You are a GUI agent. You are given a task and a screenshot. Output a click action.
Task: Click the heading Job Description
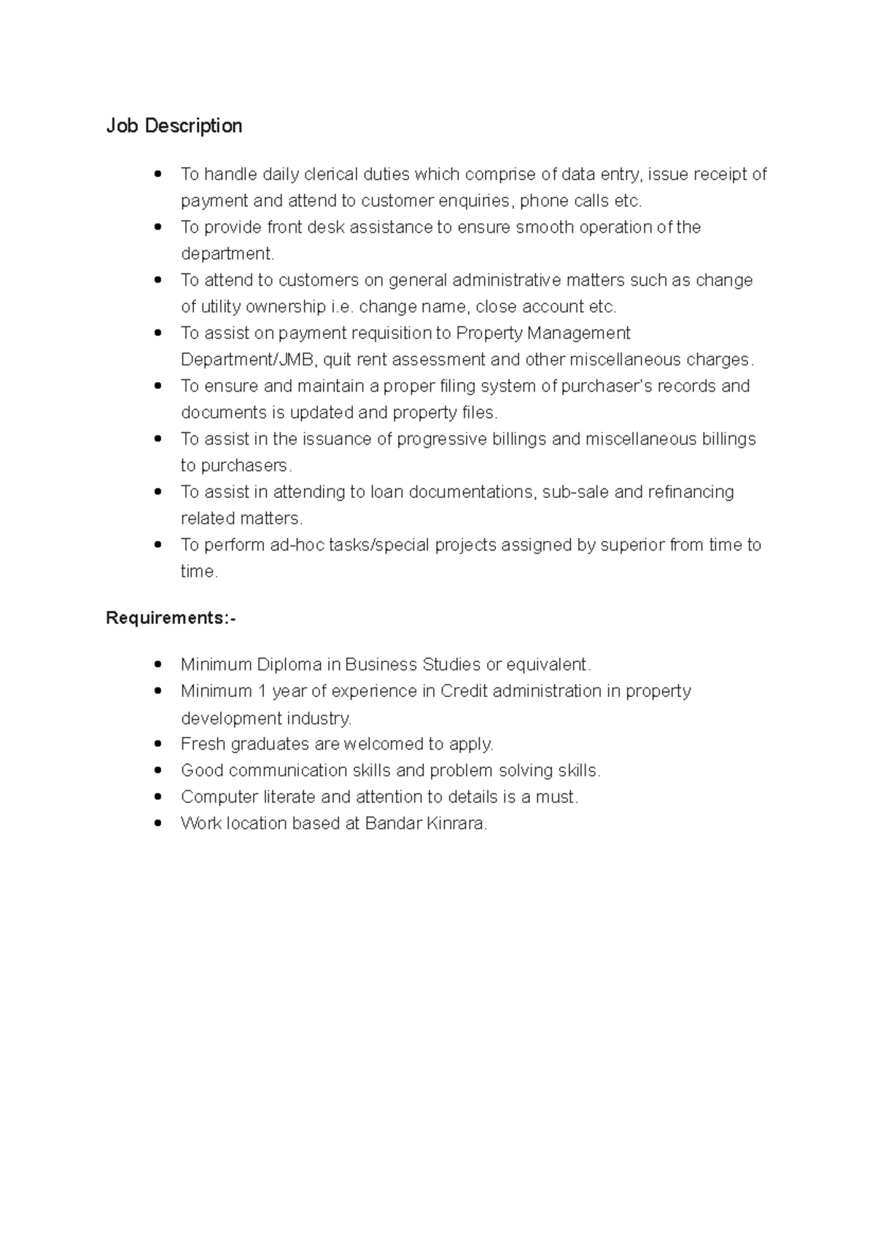(174, 126)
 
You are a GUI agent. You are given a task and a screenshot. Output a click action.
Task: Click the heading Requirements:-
(171, 618)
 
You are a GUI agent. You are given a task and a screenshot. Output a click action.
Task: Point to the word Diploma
(289, 665)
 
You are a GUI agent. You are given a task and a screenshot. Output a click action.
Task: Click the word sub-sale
(576, 492)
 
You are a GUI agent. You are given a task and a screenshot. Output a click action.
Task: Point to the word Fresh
(203, 744)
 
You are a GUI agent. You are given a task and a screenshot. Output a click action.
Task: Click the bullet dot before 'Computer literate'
(157, 796)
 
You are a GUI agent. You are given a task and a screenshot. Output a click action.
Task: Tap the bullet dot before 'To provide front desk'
(157, 227)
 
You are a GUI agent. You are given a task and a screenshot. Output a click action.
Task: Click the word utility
(220, 307)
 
